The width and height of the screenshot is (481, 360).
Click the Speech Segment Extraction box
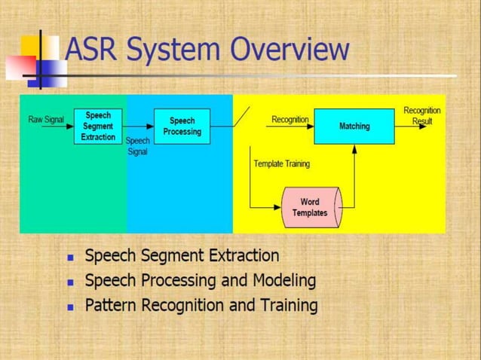98,127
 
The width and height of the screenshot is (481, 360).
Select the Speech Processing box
182,127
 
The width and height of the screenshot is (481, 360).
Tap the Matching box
354,127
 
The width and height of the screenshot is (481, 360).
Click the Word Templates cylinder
310,207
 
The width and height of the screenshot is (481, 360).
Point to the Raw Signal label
45,120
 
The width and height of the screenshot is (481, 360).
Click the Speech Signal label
137,146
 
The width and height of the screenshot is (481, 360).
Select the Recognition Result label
421,115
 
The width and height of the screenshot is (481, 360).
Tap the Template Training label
281,163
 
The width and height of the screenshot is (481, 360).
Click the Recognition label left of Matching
290,120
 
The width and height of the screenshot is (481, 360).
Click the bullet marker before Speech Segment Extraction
71,258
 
